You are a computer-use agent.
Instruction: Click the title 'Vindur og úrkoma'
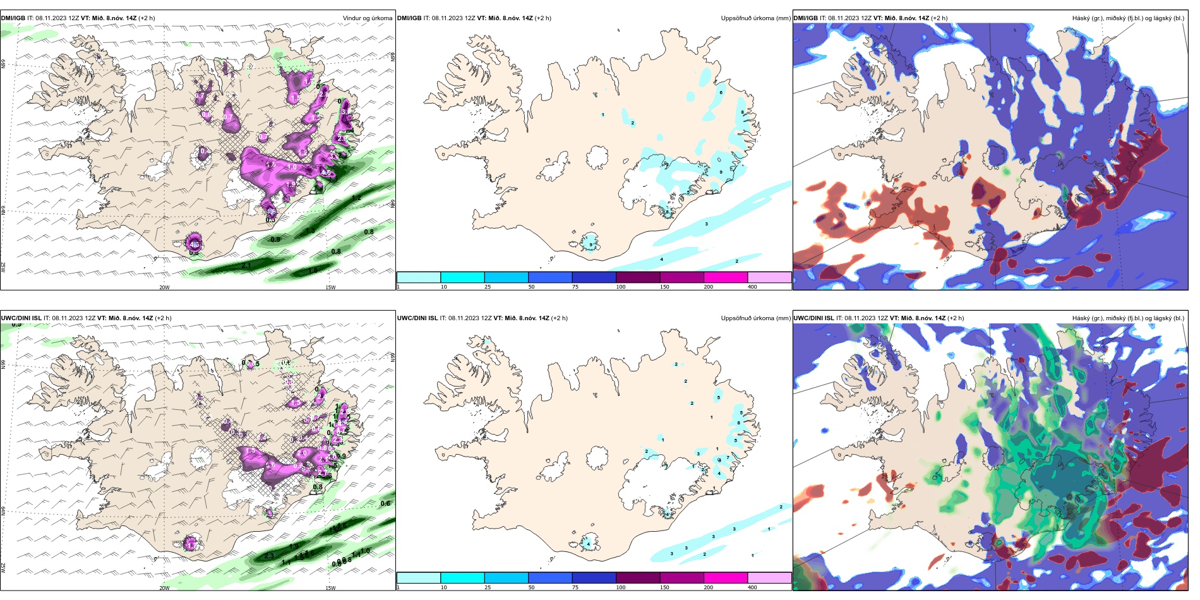(367, 18)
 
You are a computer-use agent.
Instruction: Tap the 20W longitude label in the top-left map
(164, 287)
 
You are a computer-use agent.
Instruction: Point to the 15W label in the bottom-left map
(330, 587)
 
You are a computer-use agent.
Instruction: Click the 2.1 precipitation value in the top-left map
(246, 265)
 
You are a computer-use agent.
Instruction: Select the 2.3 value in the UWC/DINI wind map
(269, 556)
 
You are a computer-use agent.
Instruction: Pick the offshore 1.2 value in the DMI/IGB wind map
(356, 198)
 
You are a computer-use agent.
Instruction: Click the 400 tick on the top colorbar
(752, 287)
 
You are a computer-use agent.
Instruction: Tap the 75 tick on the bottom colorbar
(575, 587)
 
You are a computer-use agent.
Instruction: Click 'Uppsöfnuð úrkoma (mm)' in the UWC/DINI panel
(755, 318)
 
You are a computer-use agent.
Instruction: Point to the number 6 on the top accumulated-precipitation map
(721, 93)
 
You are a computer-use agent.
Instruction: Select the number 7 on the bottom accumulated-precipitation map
(728, 457)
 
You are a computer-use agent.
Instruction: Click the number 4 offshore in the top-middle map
(662, 260)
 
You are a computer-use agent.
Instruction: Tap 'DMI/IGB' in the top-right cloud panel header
(805, 18)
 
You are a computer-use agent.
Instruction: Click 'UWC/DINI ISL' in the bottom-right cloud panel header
(813, 318)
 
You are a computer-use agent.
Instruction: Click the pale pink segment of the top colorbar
(769, 277)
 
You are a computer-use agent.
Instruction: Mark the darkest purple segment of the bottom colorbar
(638, 577)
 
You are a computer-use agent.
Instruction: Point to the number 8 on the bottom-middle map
(739, 423)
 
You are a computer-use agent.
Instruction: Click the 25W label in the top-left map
(3, 267)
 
